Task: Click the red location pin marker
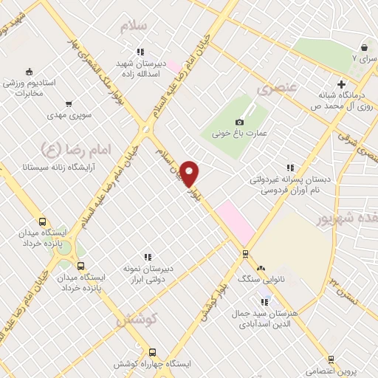coord(190,173)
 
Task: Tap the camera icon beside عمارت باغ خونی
coord(239,122)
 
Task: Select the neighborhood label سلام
coord(136,25)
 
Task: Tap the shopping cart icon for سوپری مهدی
coord(69,105)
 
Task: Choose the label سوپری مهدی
coord(68,116)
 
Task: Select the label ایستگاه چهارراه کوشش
coord(153,364)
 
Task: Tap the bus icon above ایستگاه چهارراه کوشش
coord(153,352)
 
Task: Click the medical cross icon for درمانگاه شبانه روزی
coord(340,83)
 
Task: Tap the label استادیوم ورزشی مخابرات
coord(29,89)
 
